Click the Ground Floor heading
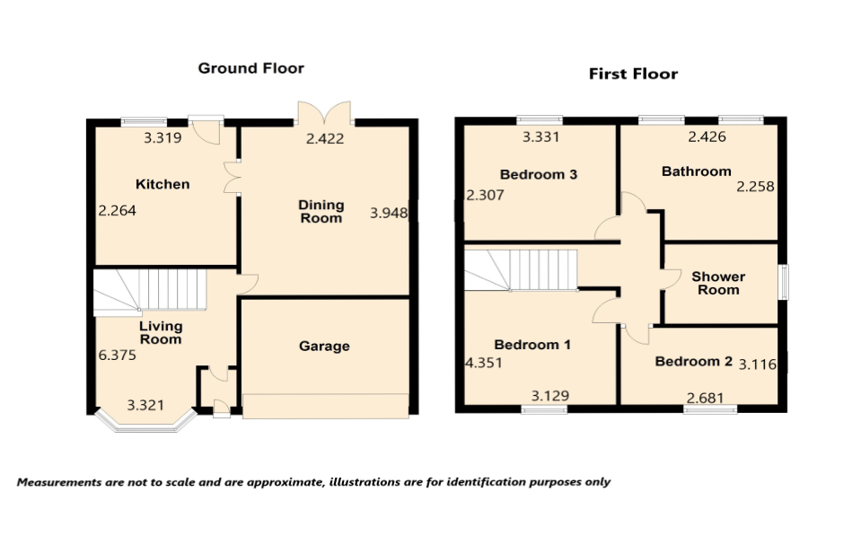tap(250, 68)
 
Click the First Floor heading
tap(633, 74)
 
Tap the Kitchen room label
tap(163, 184)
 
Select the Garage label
tap(324, 346)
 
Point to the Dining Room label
tap(321, 212)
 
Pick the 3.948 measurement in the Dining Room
tap(389, 213)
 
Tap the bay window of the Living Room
tap(145, 422)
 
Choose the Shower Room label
tap(718, 283)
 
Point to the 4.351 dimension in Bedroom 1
tap(483, 364)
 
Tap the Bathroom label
tap(696, 171)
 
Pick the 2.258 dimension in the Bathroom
tap(754, 187)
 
